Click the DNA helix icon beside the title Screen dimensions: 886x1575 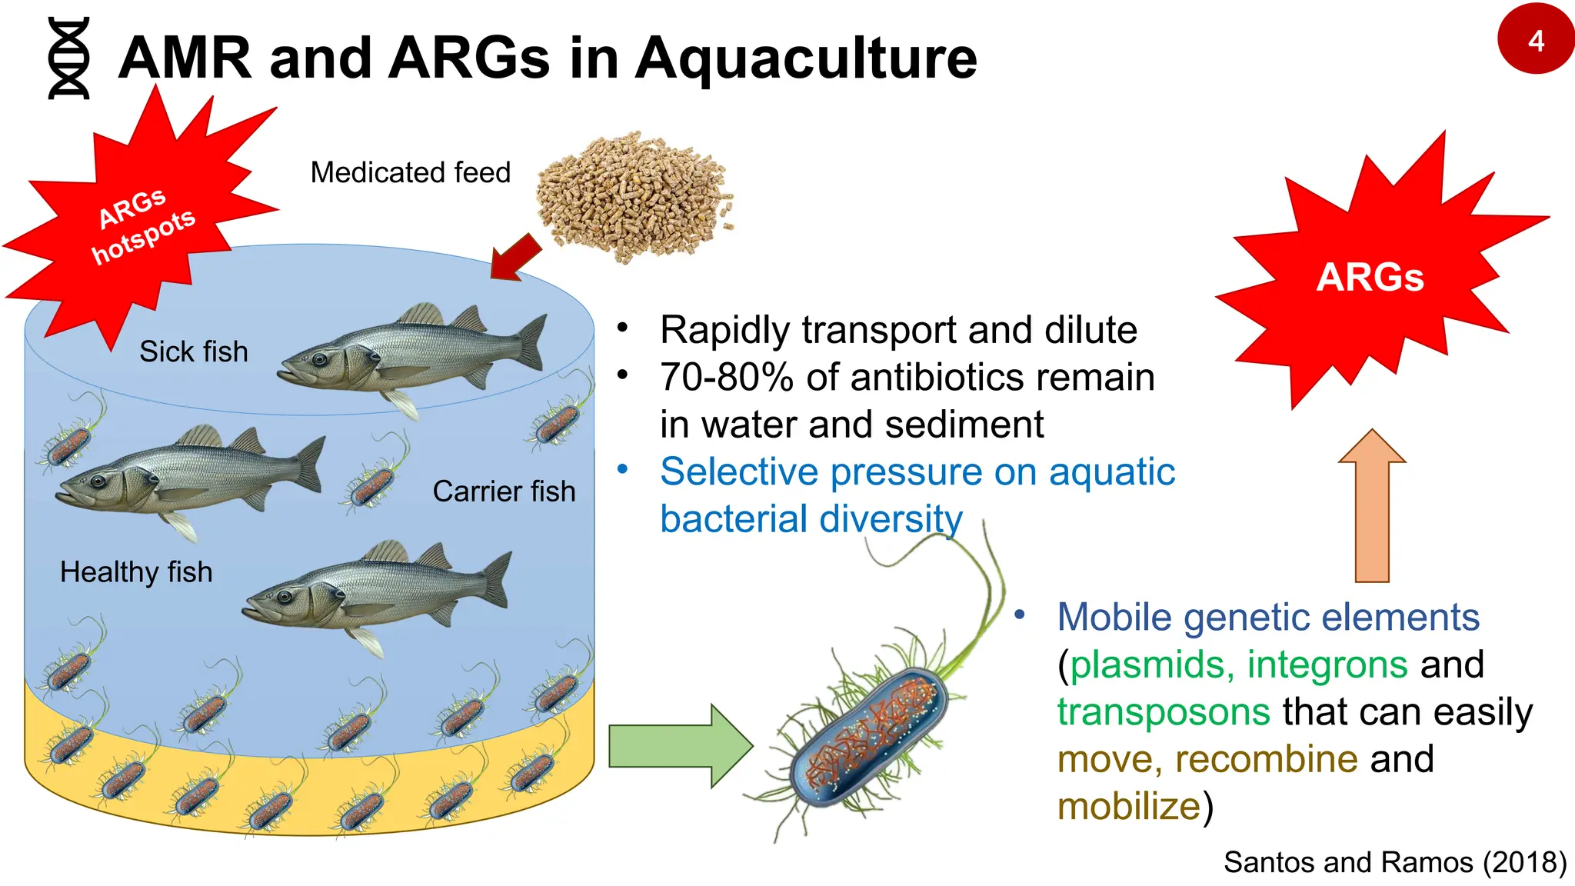point(69,58)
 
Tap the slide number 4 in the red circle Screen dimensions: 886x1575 point(1536,40)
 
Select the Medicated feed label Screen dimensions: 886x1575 point(410,172)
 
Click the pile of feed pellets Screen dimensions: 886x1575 point(635,196)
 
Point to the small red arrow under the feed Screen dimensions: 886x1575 point(514,257)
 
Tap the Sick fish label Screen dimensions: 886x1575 point(194,351)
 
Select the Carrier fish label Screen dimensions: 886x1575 point(504,491)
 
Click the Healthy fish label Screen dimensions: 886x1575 point(136,572)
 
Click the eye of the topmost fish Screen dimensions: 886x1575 point(318,359)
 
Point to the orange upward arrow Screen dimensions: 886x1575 point(1372,508)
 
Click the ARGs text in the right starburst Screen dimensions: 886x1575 point(1370,277)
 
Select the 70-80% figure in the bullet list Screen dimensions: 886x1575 point(726,378)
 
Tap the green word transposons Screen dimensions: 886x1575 point(1163,711)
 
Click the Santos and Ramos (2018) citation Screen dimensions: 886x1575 point(1394,862)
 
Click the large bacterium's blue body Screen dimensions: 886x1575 point(869,738)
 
